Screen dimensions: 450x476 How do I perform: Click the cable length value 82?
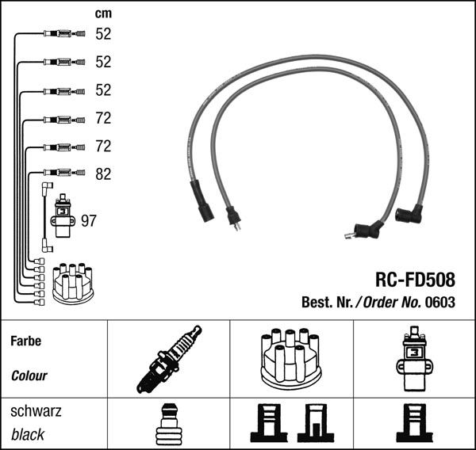[x=103, y=174]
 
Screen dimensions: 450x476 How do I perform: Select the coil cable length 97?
[x=88, y=220]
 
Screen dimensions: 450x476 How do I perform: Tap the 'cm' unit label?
[x=103, y=13]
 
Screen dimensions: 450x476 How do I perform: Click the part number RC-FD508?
[x=414, y=280]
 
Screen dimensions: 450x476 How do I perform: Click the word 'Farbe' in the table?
[x=25, y=341]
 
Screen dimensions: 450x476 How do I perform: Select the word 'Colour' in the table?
[x=29, y=376]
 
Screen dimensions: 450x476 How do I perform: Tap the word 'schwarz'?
[x=36, y=412]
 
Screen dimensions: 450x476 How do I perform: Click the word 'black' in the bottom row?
[x=28, y=434]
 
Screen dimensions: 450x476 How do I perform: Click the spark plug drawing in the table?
[x=169, y=360]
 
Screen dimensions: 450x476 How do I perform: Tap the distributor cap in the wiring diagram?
[x=72, y=283]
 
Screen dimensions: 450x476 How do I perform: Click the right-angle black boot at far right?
[x=409, y=214]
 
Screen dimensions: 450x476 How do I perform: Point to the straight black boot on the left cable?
[x=202, y=201]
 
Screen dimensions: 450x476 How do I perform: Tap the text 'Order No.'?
[x=393, y=302]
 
